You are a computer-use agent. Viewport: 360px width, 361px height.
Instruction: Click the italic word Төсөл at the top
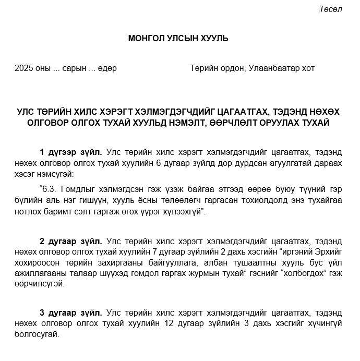tap(331, 9)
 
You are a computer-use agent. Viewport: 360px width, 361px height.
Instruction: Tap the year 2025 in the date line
tap(24, 68)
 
